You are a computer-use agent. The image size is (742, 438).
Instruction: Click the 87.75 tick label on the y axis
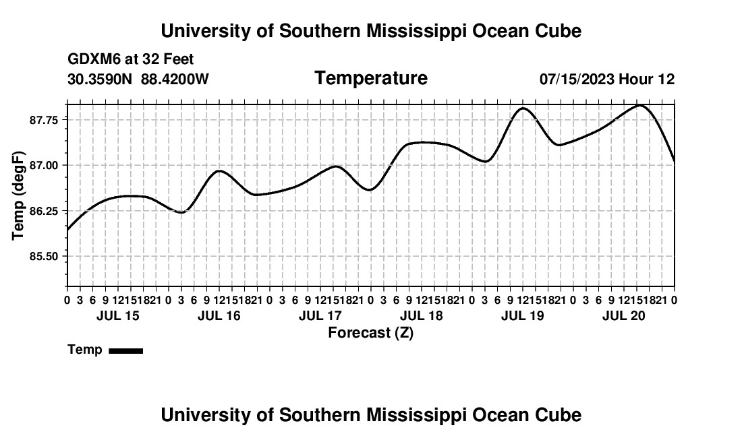(44, 120)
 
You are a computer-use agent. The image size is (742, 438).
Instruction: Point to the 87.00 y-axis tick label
(44, 165)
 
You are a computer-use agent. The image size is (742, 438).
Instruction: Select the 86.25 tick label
(44, 211)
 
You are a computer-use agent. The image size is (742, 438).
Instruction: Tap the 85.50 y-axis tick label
(44, 257)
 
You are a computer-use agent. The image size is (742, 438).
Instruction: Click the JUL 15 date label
(118, 315)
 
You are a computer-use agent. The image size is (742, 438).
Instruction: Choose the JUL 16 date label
(219, 315)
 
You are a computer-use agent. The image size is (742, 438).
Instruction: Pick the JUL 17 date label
(320, 315)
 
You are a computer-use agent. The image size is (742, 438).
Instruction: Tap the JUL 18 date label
(422, 315)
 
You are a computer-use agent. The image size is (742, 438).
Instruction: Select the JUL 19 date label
(523, 315)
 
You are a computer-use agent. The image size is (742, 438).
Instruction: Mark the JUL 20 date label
(624, 315)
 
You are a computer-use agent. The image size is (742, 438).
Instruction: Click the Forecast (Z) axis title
(371, 333)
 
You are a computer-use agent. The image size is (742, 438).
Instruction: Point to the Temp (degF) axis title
(18, 195)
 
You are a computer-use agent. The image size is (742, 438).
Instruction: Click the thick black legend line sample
(126, 350)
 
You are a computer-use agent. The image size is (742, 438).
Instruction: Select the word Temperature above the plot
(371, 78)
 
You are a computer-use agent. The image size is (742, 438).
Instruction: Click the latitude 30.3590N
(100, 79)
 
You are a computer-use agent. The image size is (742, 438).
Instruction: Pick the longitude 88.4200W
(175, 79)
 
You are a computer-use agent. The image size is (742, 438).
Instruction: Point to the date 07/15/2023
(577, 79)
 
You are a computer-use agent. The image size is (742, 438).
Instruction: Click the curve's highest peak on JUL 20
(640, 105)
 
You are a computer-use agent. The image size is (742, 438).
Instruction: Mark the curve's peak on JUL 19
(523, 108)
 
